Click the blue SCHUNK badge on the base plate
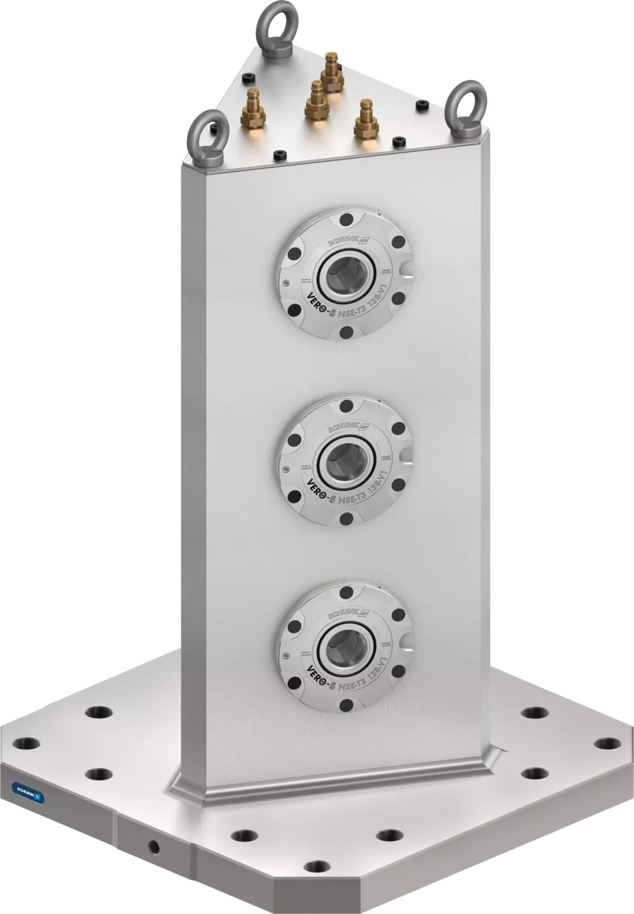[x=29, y=792]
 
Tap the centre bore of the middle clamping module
[x=345, y=460]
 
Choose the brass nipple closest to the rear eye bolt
[x=330, y=72]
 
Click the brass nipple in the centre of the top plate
[x=315, y=100]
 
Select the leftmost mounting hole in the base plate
[x=27, y=742]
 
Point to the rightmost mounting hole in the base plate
[x=607, y=743]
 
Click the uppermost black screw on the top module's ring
[x=346, y=220]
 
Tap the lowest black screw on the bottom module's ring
[x=346, y=705]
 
